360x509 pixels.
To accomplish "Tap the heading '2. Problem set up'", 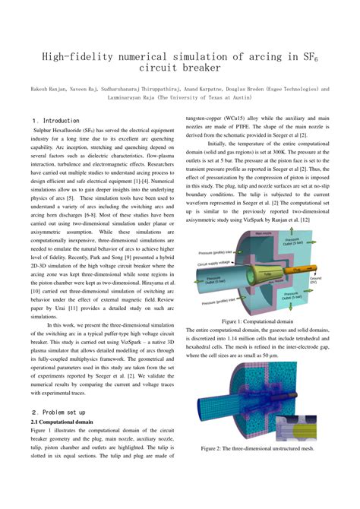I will point(60,412).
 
